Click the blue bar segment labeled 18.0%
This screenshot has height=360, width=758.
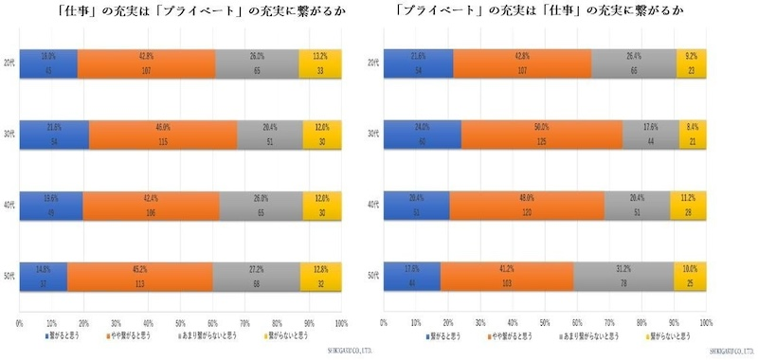(x=48, y=63)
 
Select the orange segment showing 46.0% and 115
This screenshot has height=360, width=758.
(x=162, y=135)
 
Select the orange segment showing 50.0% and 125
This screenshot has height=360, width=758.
(x=543, y=135)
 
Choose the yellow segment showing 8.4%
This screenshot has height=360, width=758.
(x=692, y=135)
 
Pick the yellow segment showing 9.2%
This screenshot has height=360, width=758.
(x=691, y=63)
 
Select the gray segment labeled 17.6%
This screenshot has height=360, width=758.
(x=651, y=135)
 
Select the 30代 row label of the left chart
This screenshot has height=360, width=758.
(x=9, y=135)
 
